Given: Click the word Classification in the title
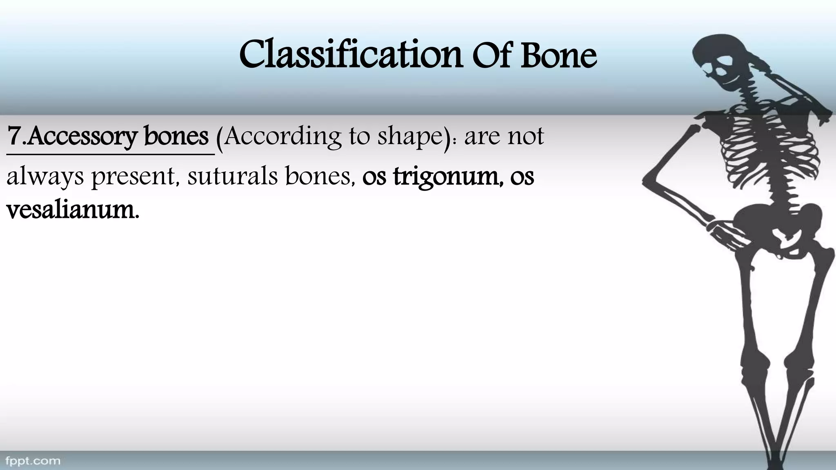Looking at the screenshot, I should coord(350,55).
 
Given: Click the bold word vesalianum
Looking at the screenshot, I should coord(72,211).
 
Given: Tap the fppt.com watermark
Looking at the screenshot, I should coord(33,461).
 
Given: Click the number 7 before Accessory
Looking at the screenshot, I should coord(15,137).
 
